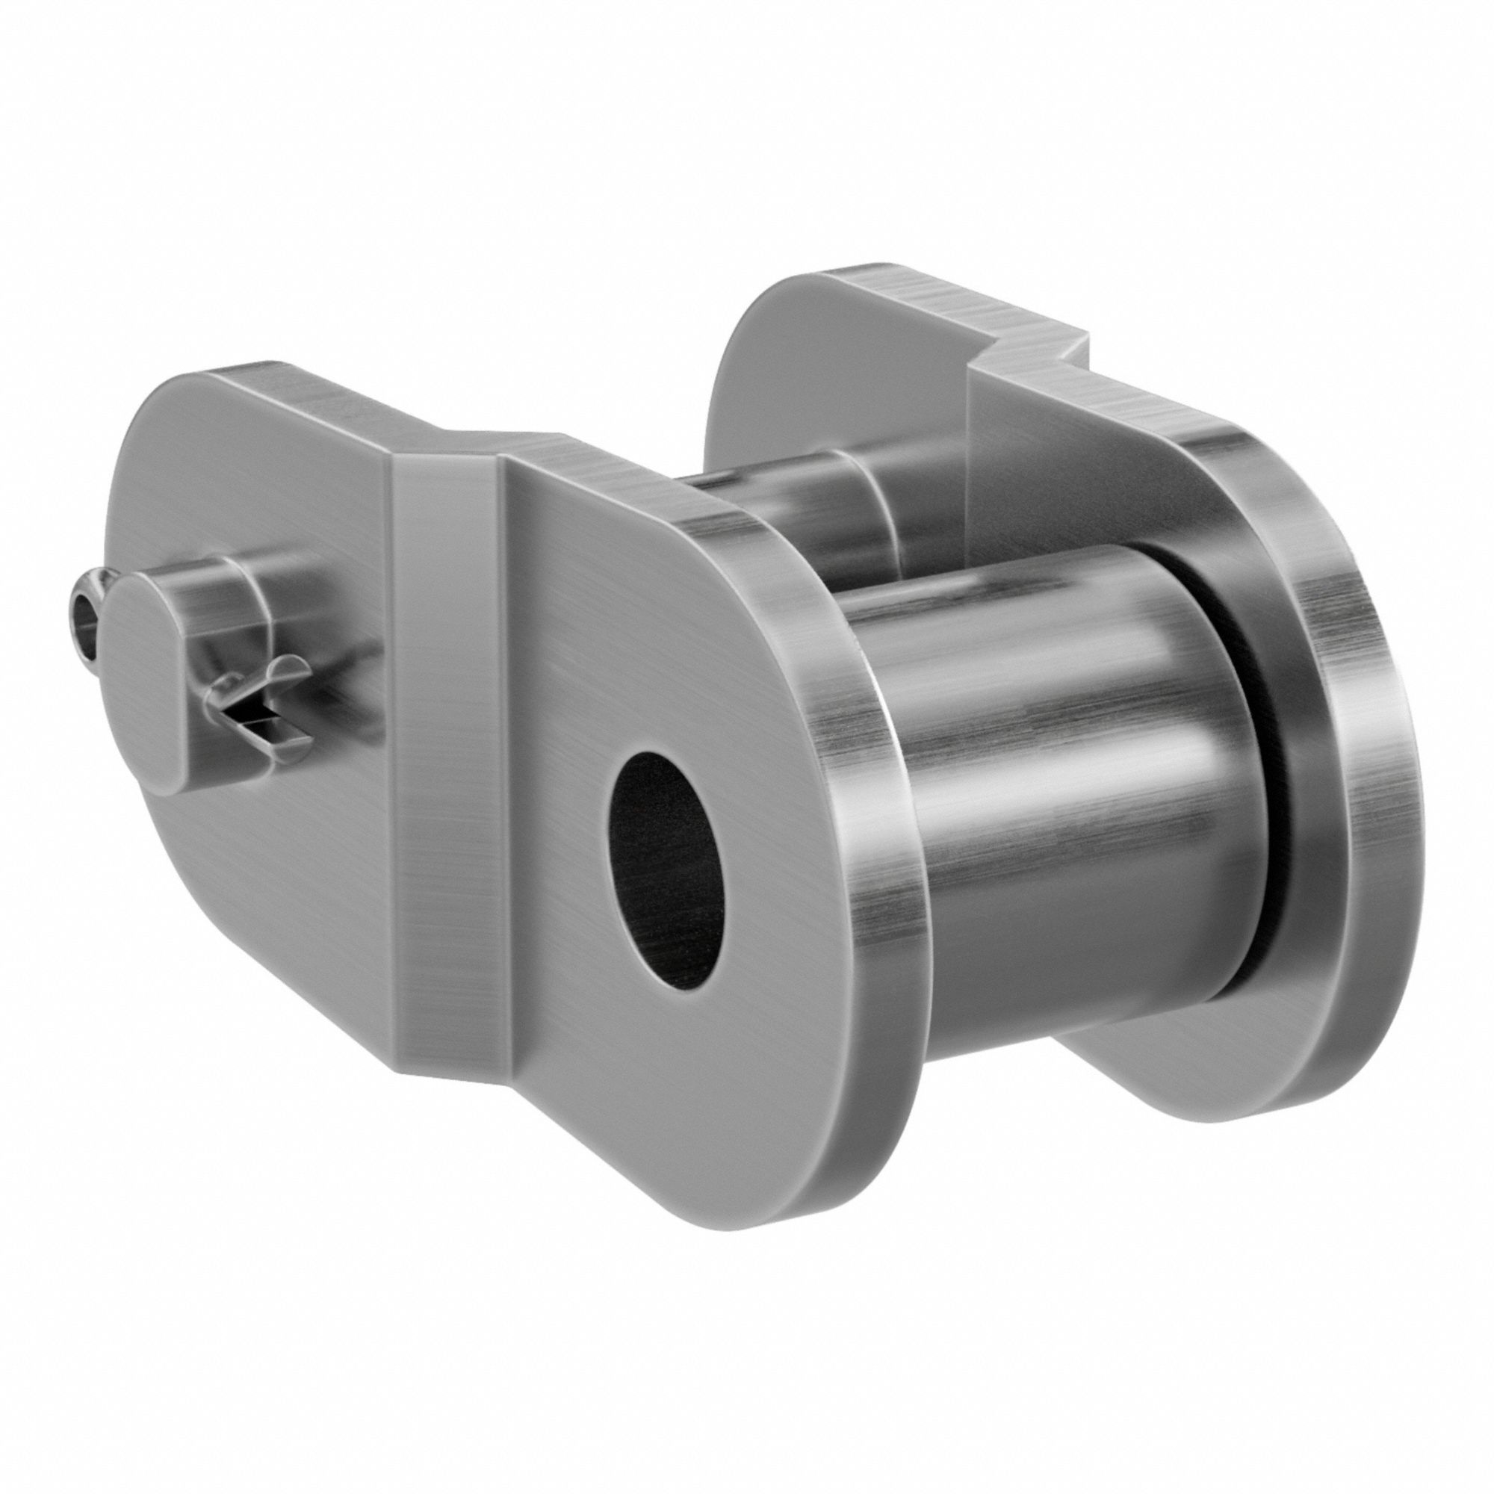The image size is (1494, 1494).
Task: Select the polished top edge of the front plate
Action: pyautogui.click(x=603, y=464)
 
